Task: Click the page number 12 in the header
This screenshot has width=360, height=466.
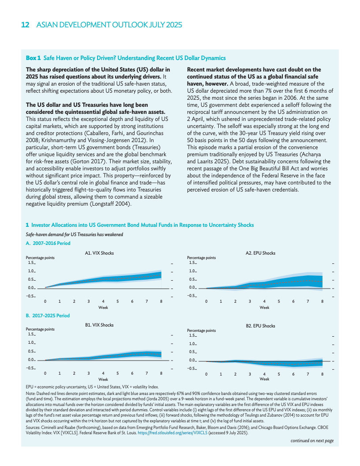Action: coord(26,25)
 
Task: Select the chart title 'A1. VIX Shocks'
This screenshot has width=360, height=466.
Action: coord(99,253)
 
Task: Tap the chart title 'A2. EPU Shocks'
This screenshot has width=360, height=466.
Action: coord(260,253)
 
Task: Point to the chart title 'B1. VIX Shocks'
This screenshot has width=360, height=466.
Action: coord(99,325)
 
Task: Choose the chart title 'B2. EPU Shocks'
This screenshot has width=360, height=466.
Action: coord(260,326)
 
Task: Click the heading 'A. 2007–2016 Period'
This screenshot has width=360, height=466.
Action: coord(48,243)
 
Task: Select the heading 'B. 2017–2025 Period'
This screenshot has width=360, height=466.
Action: coord(48,316)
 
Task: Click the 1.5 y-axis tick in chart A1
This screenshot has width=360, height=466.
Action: coord(31,262)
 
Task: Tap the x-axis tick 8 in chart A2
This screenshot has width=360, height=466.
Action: coord(322,301)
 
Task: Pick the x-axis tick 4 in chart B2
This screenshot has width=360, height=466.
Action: coord(264,374)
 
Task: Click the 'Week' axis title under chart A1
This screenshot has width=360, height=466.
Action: coord(103,307)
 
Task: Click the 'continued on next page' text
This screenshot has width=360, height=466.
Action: coord(312,441)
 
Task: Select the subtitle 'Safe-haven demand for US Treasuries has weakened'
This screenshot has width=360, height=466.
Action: coord(75,234)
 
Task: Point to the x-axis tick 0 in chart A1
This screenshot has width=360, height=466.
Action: coord(45,301)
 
